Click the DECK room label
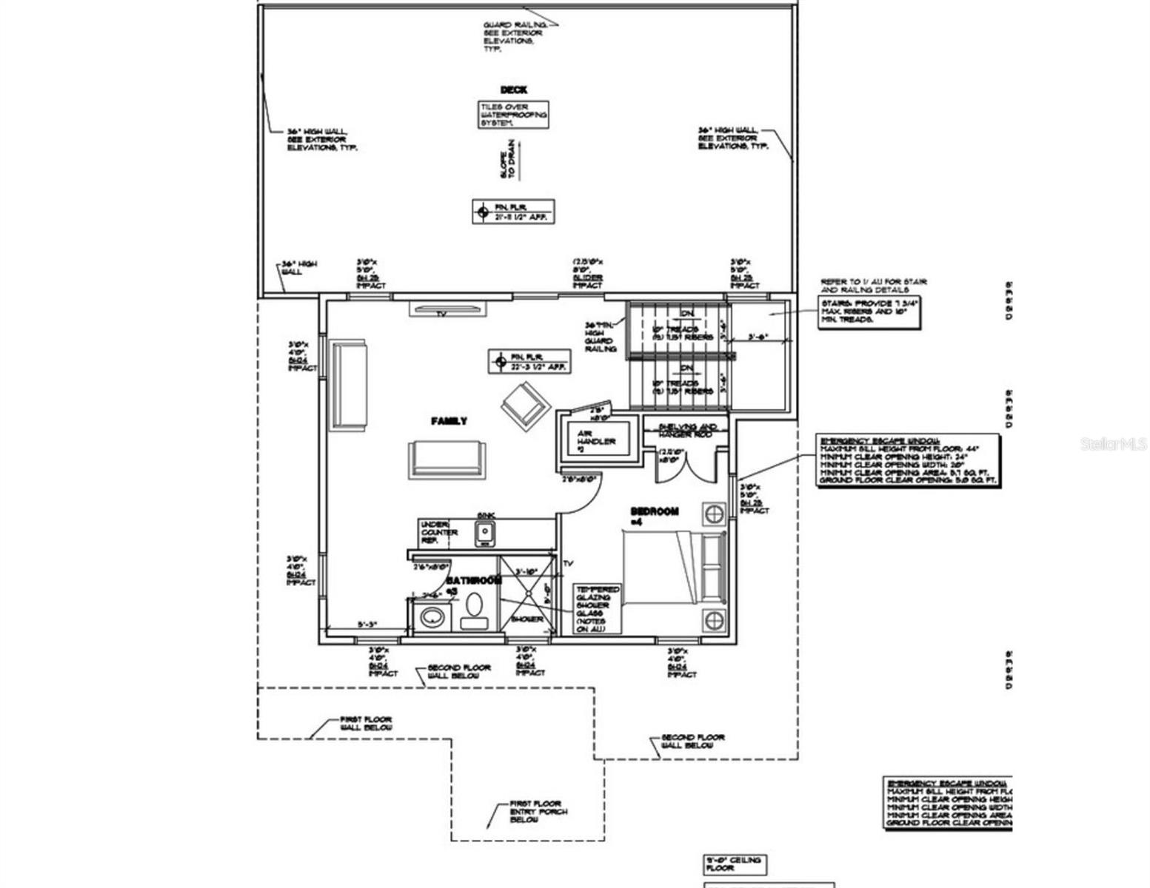click(513, 90)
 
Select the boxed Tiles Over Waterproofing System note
click(513, 115)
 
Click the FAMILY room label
click(449, 421)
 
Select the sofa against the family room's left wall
click(348, 385)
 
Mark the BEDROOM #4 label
click(654, 516)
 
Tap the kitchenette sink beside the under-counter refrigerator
click(485, 531)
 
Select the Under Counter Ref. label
click(439, 533)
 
